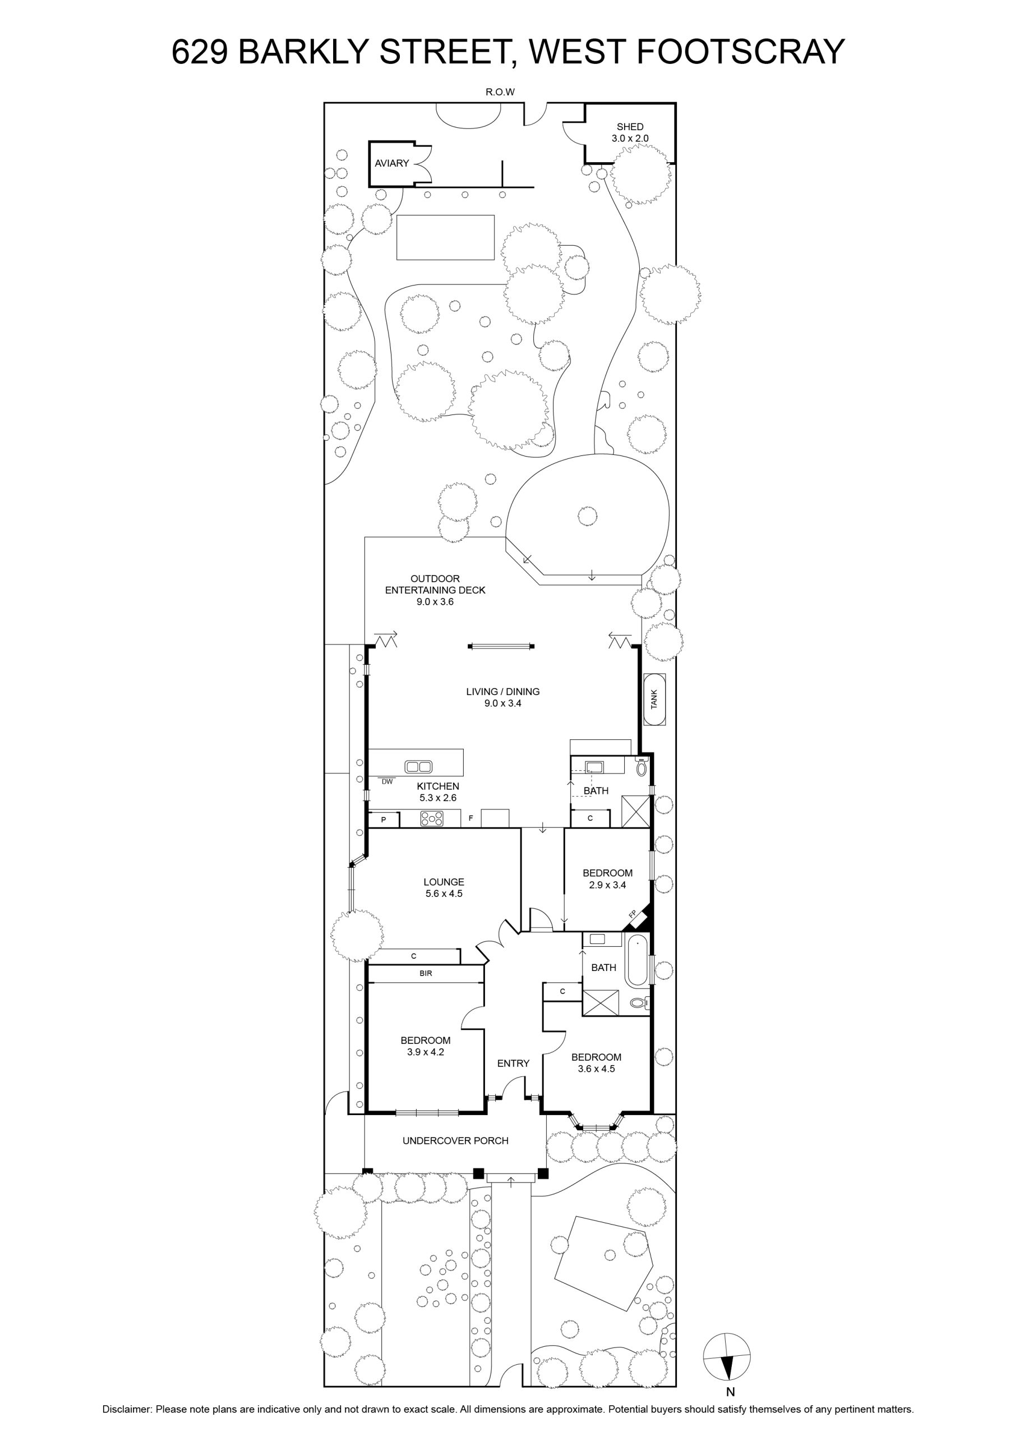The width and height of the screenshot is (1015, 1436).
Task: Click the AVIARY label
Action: click(x=391, y=163)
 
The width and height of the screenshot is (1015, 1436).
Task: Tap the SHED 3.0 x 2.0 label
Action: click(x=630, y=132)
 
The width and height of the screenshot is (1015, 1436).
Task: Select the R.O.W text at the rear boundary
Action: click(x=500, y=92)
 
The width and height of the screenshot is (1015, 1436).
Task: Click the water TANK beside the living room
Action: click(x=655, y=699)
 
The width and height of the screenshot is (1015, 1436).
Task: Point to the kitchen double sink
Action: click(x=418, y=766)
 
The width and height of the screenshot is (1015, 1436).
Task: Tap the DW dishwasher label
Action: click(x=387, y=781)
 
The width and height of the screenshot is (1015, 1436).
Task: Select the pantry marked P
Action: click(x=384, y=820)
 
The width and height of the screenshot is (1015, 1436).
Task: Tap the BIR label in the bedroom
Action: click(x=426, y=973)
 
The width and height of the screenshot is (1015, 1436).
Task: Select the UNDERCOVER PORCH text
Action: click(x=455, y=1141)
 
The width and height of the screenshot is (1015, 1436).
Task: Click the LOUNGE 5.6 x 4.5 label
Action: click(x=444, y=887)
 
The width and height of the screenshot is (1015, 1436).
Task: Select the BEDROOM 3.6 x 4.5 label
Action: click(x=597, y=1062)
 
